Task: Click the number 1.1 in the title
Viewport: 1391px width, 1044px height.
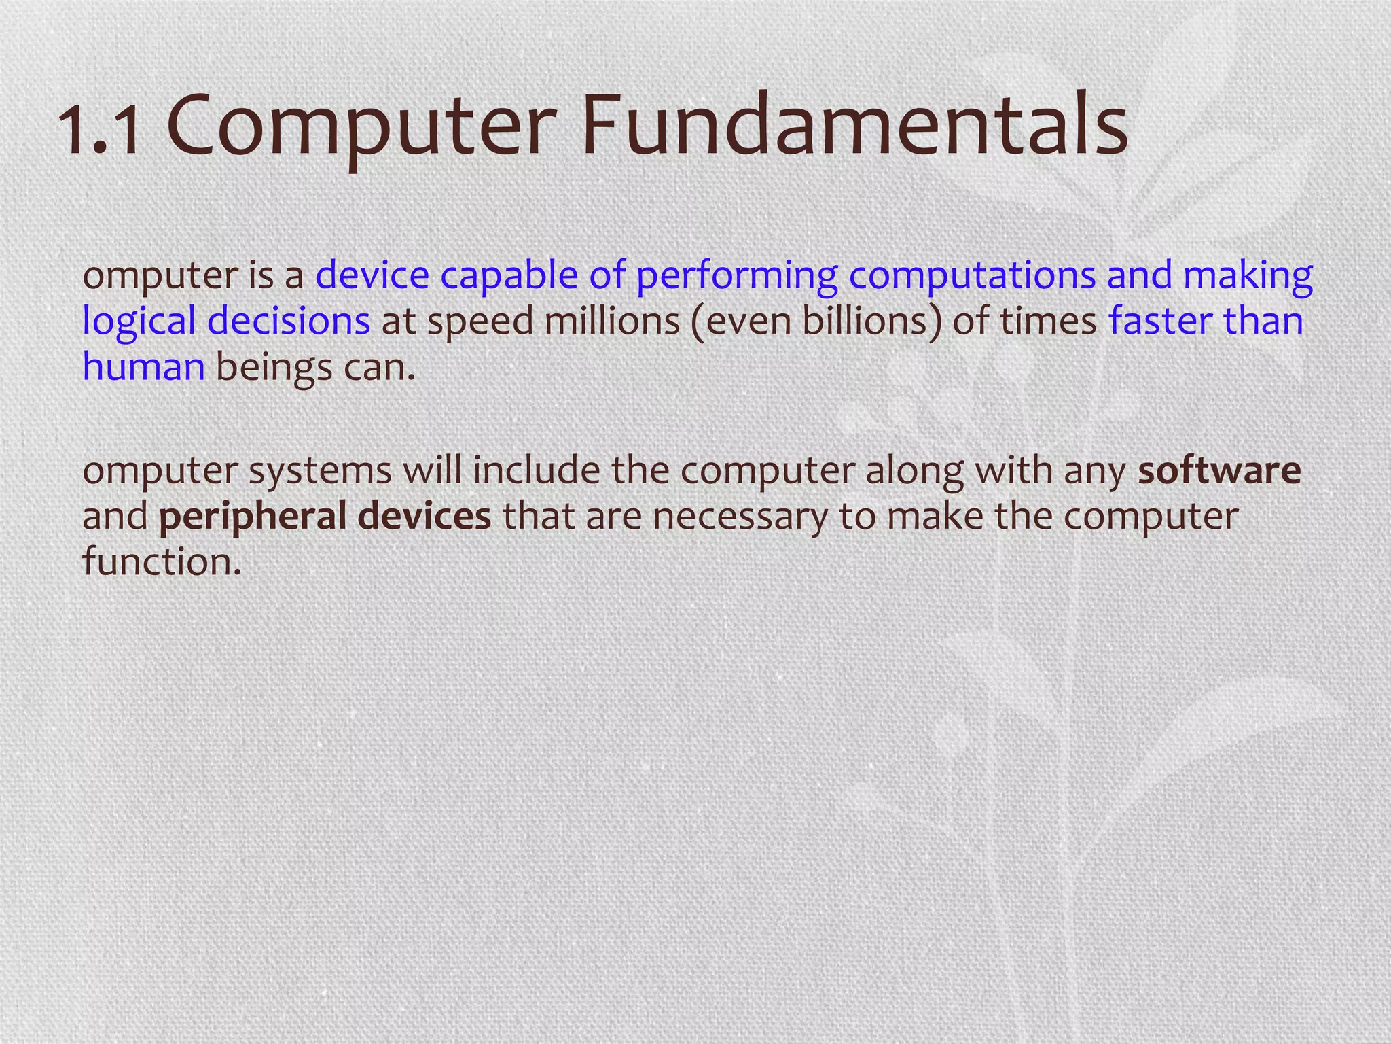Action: click(x=102, y=129)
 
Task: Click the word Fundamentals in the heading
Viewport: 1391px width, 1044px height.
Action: click(x=854, y=126)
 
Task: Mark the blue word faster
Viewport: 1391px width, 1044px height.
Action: click(x=1160, y=321)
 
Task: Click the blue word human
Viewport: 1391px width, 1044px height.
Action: click(x=143, y=367)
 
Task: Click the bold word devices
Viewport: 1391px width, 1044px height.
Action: click(x=424, y=516)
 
